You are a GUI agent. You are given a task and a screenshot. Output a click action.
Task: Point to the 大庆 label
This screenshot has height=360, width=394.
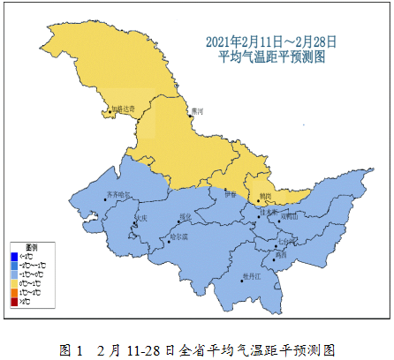pyautogui.click(x=141, y=216)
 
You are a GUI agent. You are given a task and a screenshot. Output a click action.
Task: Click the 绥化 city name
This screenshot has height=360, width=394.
pyautogui.click(x=186, y=215)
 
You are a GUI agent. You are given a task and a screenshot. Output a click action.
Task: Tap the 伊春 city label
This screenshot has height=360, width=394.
pyautogui.click(x=231, y=193)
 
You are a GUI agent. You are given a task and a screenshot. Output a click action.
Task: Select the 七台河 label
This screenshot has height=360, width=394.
pyautogui.click(x=285, y=239)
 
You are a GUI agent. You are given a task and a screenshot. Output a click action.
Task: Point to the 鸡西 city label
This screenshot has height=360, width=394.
pyautogui.click(x=280, y=254)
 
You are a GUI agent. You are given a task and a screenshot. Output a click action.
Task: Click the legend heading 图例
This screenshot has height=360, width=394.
pyautogui.click(x=31, y=248)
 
